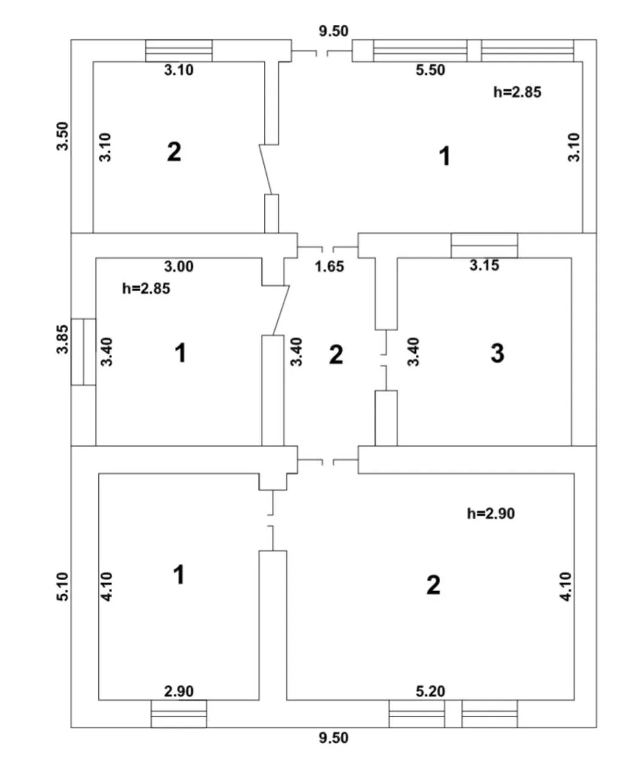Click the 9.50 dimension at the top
pyautogui.click(x=334, y=31)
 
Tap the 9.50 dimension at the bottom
pyautogui.click(x=334, y=738)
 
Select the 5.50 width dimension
pyautogui.click(x=430, y=70)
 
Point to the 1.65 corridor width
pyautogui.click(x=329, y=266)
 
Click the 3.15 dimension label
pyautogui.click(x=484, y=265)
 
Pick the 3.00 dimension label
pyautogui.click(x=179, y=266)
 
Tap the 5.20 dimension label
pyautogui.click(x=430, y=692)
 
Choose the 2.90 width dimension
pyautogui.click(x=179, y=692)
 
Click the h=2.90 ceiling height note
pyautogui.click(x=490, y=514)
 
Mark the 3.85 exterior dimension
pyautogui.click(x=62, y=339)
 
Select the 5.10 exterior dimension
pyautogui.click(x=62, y=587)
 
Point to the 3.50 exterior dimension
pyautogui.click(x=62, y=136)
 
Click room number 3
pyautogui.click(x=498, y=353)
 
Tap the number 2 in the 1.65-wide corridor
pyautogui.click(x=336, y=355)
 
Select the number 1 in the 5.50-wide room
pyautogui.click(x=444, y=156)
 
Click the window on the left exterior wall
pyautogui.click(x=84, y=352)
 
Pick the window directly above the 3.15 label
pyautogui.click(x=484, y=246)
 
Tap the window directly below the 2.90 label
pyautogui.click(x=179, y=714)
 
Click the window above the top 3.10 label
pyautogui.click(x=179, y=51)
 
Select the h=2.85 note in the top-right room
pyautogui.click(x=517, y=92)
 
